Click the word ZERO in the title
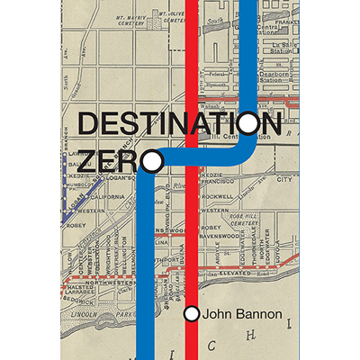pyautogui.click(x=107, y=161)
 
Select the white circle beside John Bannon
pyautogui.click(x=191, y=314)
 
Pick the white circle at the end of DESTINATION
pyautogui.click(x=248, y=123)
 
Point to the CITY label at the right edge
pyautogui.click(x=284, y=180)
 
